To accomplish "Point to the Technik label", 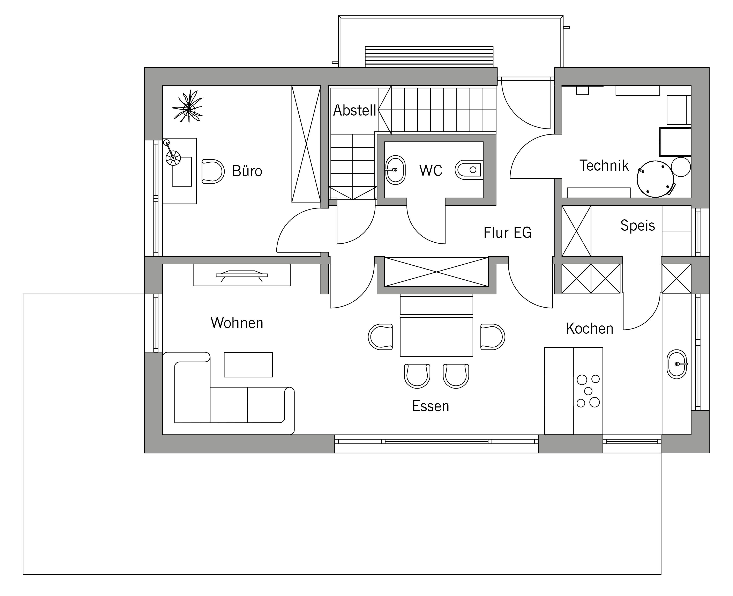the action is (604, 165).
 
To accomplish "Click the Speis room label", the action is (638, 226).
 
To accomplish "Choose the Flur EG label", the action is (508, 233).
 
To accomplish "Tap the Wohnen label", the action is (237, 323).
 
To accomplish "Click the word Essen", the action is (431, 406).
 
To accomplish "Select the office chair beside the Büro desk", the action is (213, 171).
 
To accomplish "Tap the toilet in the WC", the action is (468, 170).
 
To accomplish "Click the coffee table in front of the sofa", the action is (248, 365).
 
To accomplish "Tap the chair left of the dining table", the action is (380, 337).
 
